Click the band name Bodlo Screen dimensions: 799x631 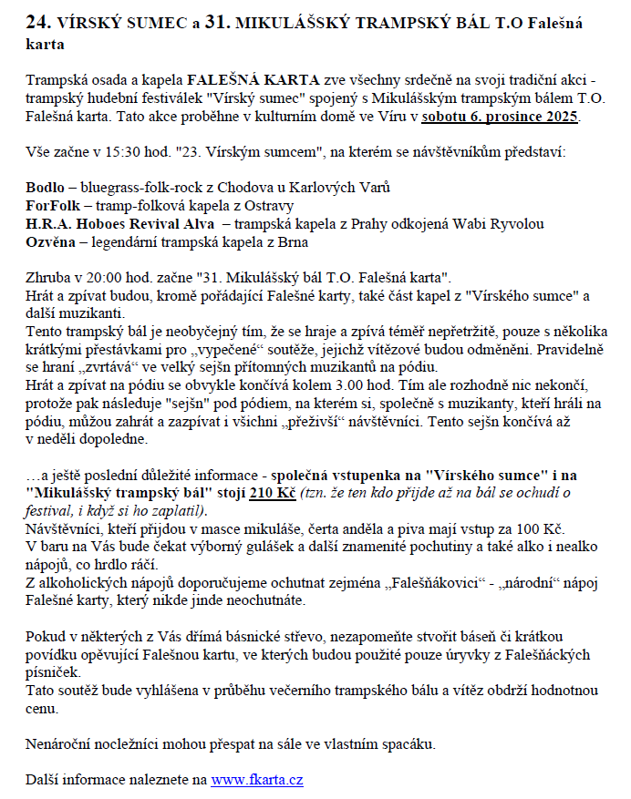[x=44, y=188]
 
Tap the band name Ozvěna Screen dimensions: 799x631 [x=51, y=242]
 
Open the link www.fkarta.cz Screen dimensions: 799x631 [x=257, y=781]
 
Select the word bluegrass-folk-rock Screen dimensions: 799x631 [x=142, y=188]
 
